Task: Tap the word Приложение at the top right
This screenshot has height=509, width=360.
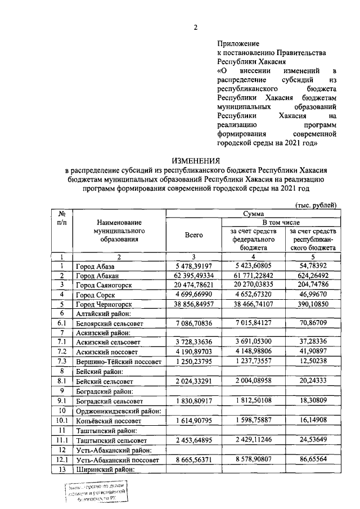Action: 238,43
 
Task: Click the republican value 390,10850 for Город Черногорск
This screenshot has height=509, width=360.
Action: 313,303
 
